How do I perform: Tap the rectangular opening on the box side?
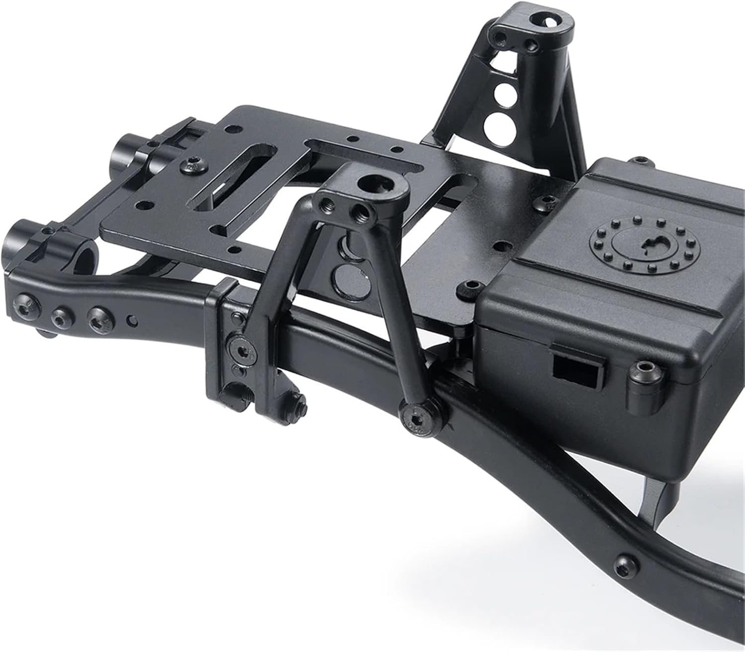577,369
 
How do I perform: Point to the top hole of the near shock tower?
372,184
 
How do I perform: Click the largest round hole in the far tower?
494,122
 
